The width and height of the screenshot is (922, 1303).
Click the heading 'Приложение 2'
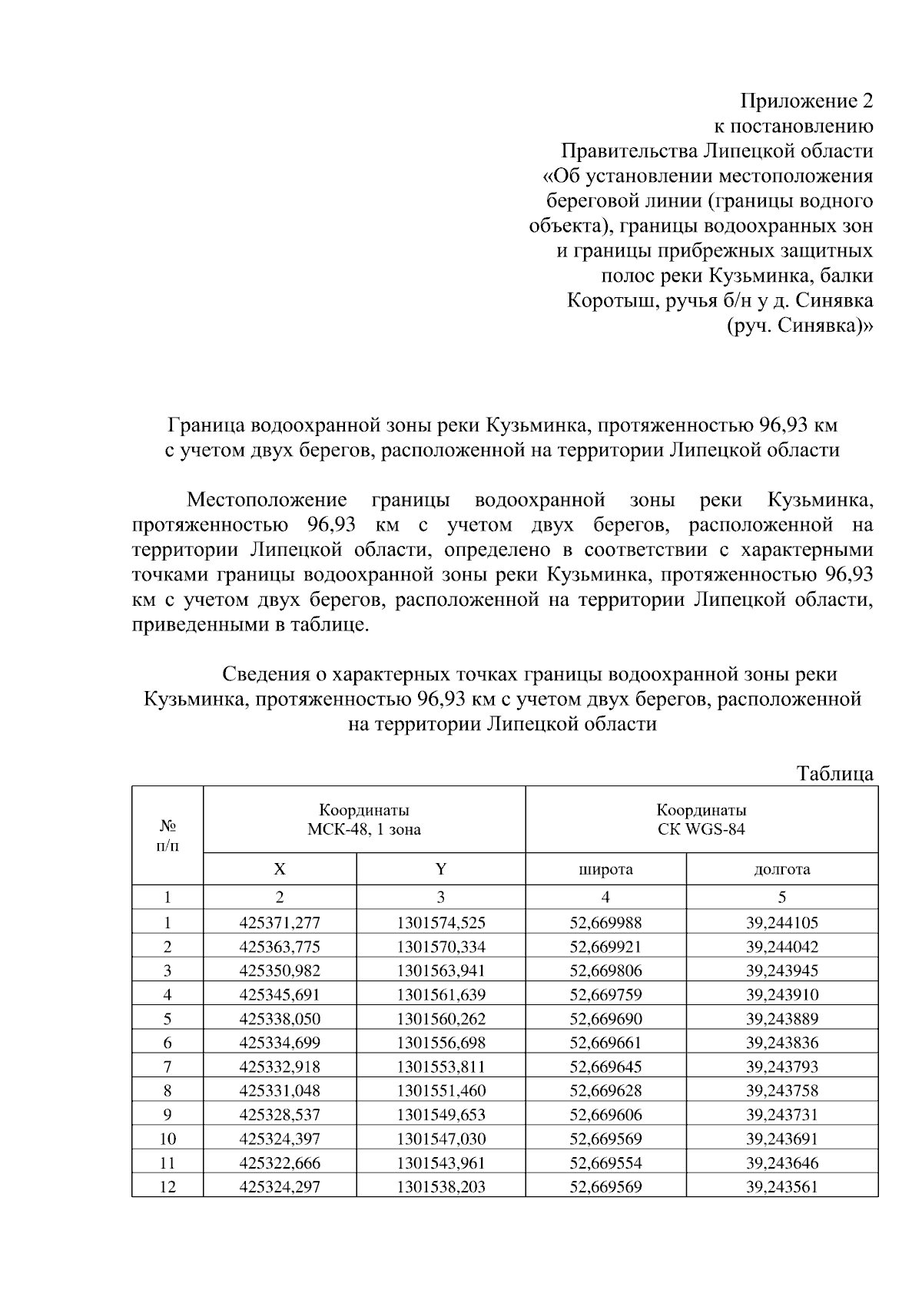[x=806, y=101]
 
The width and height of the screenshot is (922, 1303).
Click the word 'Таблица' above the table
[x=835, y=773]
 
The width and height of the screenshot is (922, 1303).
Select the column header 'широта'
[x=605, y=869]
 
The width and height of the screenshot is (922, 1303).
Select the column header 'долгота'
[x=781, y=869]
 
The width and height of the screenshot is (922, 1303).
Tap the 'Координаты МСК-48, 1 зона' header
[x=364, y=819]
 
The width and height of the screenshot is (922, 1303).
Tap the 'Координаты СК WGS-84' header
[x=701, y=819]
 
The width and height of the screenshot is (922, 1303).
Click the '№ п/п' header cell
[x=167, y=835]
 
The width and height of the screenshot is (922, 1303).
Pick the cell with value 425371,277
[x=280, y=923]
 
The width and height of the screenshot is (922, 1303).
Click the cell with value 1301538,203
[x=441, y=1187]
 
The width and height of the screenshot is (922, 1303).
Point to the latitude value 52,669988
[x=605, y=923]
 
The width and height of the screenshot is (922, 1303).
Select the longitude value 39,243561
[x=781, y=1187]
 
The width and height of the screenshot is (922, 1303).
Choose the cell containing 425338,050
[x=280, y=1019]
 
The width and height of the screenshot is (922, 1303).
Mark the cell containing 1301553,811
[x=441, y=1067]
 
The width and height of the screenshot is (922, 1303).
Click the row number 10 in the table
[x=167, y=1139]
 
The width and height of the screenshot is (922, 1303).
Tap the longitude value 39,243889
[x=781, y=1019]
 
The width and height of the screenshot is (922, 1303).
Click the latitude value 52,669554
[x=605, y=1162]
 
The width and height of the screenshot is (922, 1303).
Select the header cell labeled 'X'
[x=280, y=869]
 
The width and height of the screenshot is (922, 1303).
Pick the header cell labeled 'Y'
[x=441, y=869]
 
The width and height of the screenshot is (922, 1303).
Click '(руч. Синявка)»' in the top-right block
[x=799, y=326]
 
